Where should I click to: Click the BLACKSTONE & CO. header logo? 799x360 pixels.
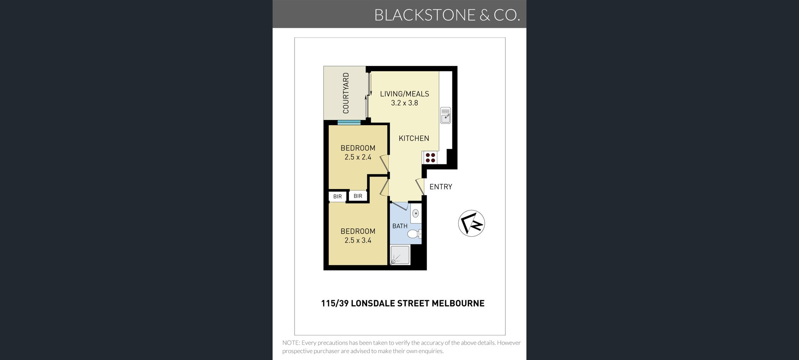(447, 15)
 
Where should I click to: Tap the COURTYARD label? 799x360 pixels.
(346, 93)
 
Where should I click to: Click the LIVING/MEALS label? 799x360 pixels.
(404, 94)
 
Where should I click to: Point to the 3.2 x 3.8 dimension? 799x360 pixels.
(404, 103)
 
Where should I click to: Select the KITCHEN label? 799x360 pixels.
(414, 138)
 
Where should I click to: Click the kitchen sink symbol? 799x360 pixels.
(445, 115)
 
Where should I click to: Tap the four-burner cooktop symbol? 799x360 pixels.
(430, 158)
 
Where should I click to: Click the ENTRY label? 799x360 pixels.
(441, 187)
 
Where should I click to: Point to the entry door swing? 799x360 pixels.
(420, 187)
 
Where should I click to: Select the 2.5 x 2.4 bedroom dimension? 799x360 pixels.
(358, 157)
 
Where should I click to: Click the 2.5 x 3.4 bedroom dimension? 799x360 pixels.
(358, 240)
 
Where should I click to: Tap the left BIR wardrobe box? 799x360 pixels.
(337, 196)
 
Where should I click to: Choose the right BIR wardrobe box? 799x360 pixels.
(358, 196)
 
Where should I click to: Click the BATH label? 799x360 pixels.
(400, 226)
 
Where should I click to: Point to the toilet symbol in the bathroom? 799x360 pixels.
(414, 234)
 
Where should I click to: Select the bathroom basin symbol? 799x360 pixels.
(415, 213)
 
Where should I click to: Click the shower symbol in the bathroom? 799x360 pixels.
(400, 255)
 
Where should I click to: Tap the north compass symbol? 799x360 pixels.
(471, 223)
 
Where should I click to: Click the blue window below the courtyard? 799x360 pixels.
(349, 122)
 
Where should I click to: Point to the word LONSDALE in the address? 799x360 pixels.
(373, 303)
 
